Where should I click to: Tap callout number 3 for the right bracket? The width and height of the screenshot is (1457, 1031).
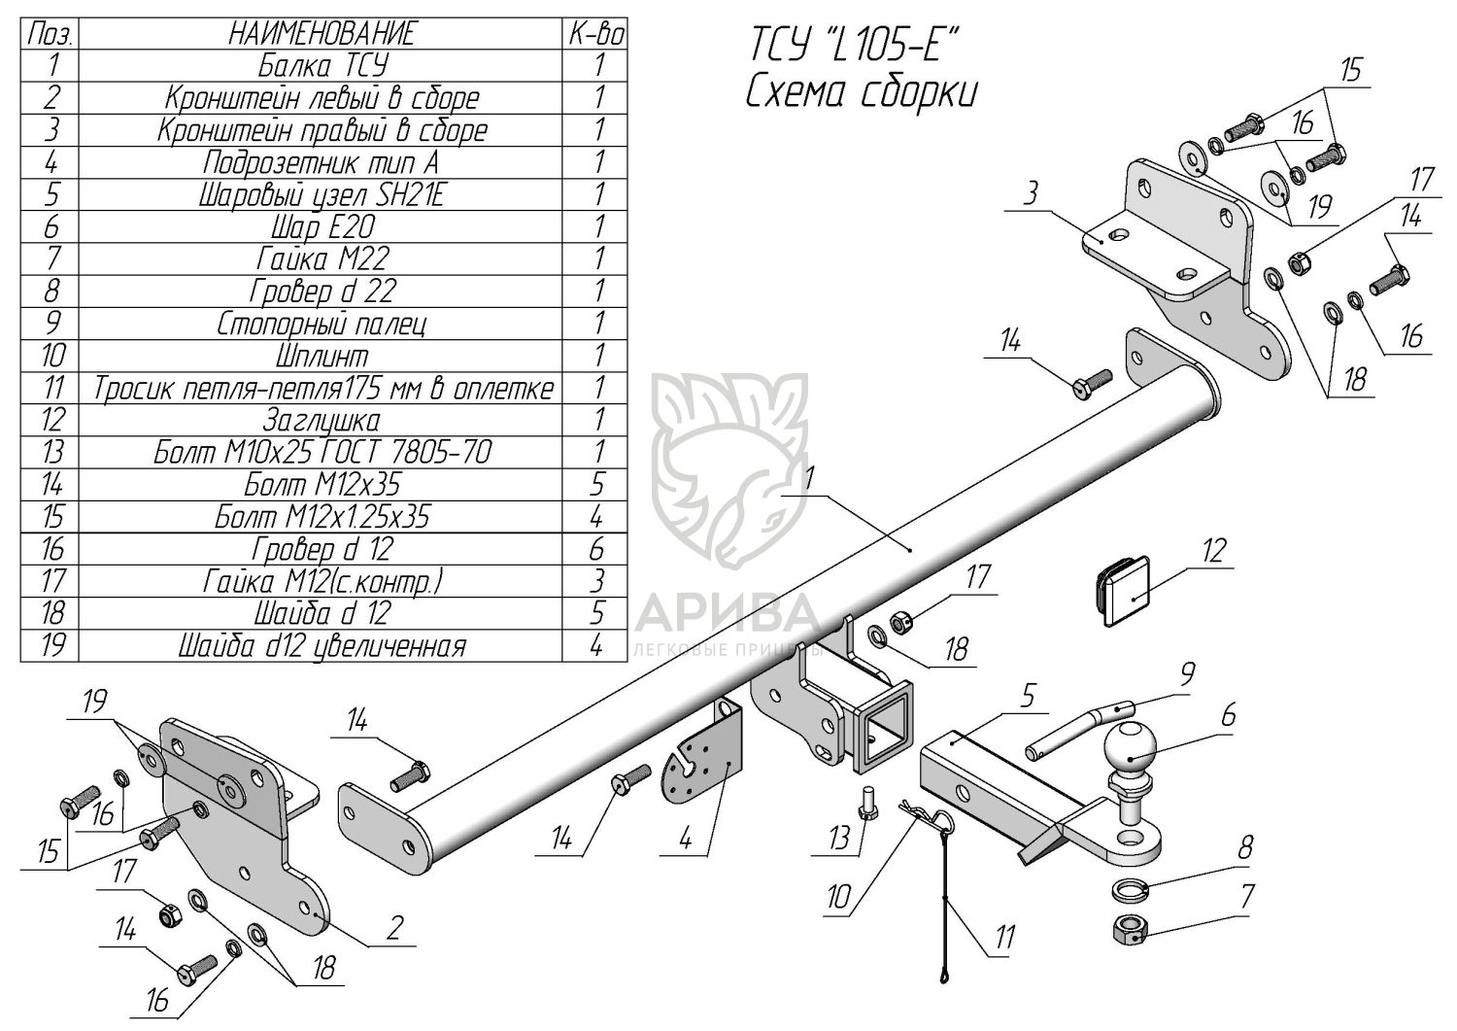point(1030,193)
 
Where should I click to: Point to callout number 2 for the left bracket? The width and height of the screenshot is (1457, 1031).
point(393,928)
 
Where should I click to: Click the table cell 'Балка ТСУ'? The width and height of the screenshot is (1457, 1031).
point(322,66)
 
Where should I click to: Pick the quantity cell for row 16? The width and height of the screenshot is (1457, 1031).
point(596,549)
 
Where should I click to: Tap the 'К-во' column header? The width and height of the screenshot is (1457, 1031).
point(594,34)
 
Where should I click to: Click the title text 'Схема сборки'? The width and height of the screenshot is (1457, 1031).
point(862,93)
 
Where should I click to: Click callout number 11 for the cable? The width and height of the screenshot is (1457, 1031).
point(1004,938)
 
